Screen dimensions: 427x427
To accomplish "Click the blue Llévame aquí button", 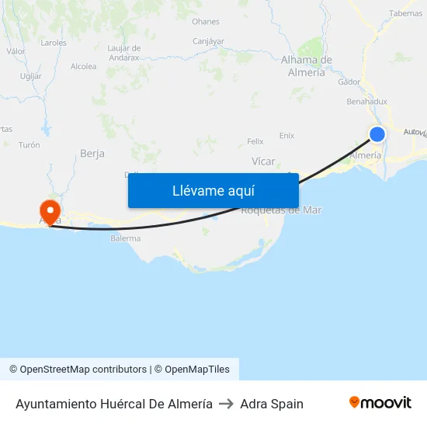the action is (213, 190).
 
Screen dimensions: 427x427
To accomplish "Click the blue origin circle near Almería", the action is (377, 134).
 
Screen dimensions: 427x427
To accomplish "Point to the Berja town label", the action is (92, 154).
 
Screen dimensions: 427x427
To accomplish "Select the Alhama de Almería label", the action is (307, 66).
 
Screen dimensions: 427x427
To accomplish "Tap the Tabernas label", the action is (405, 13).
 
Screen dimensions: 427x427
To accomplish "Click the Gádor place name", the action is (349, 82).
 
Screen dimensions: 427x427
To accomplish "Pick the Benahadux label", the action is (366, 101).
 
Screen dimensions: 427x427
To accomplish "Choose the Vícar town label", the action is (264, 161).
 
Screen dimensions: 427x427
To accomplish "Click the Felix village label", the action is (255, 141).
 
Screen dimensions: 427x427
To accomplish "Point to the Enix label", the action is (286, 135).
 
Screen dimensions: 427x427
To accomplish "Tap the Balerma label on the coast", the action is (126, 238).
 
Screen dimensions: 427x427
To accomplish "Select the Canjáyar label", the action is (208, 40).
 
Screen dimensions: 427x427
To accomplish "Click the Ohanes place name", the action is (206, 22).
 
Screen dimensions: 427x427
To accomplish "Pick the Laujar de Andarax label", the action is (123, 53).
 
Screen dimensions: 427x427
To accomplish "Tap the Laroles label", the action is (54, 43).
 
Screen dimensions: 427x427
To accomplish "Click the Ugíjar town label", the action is (31, 76).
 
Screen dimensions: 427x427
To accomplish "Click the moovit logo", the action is (380, 403).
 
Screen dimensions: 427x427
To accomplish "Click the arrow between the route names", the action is (226, 404).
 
